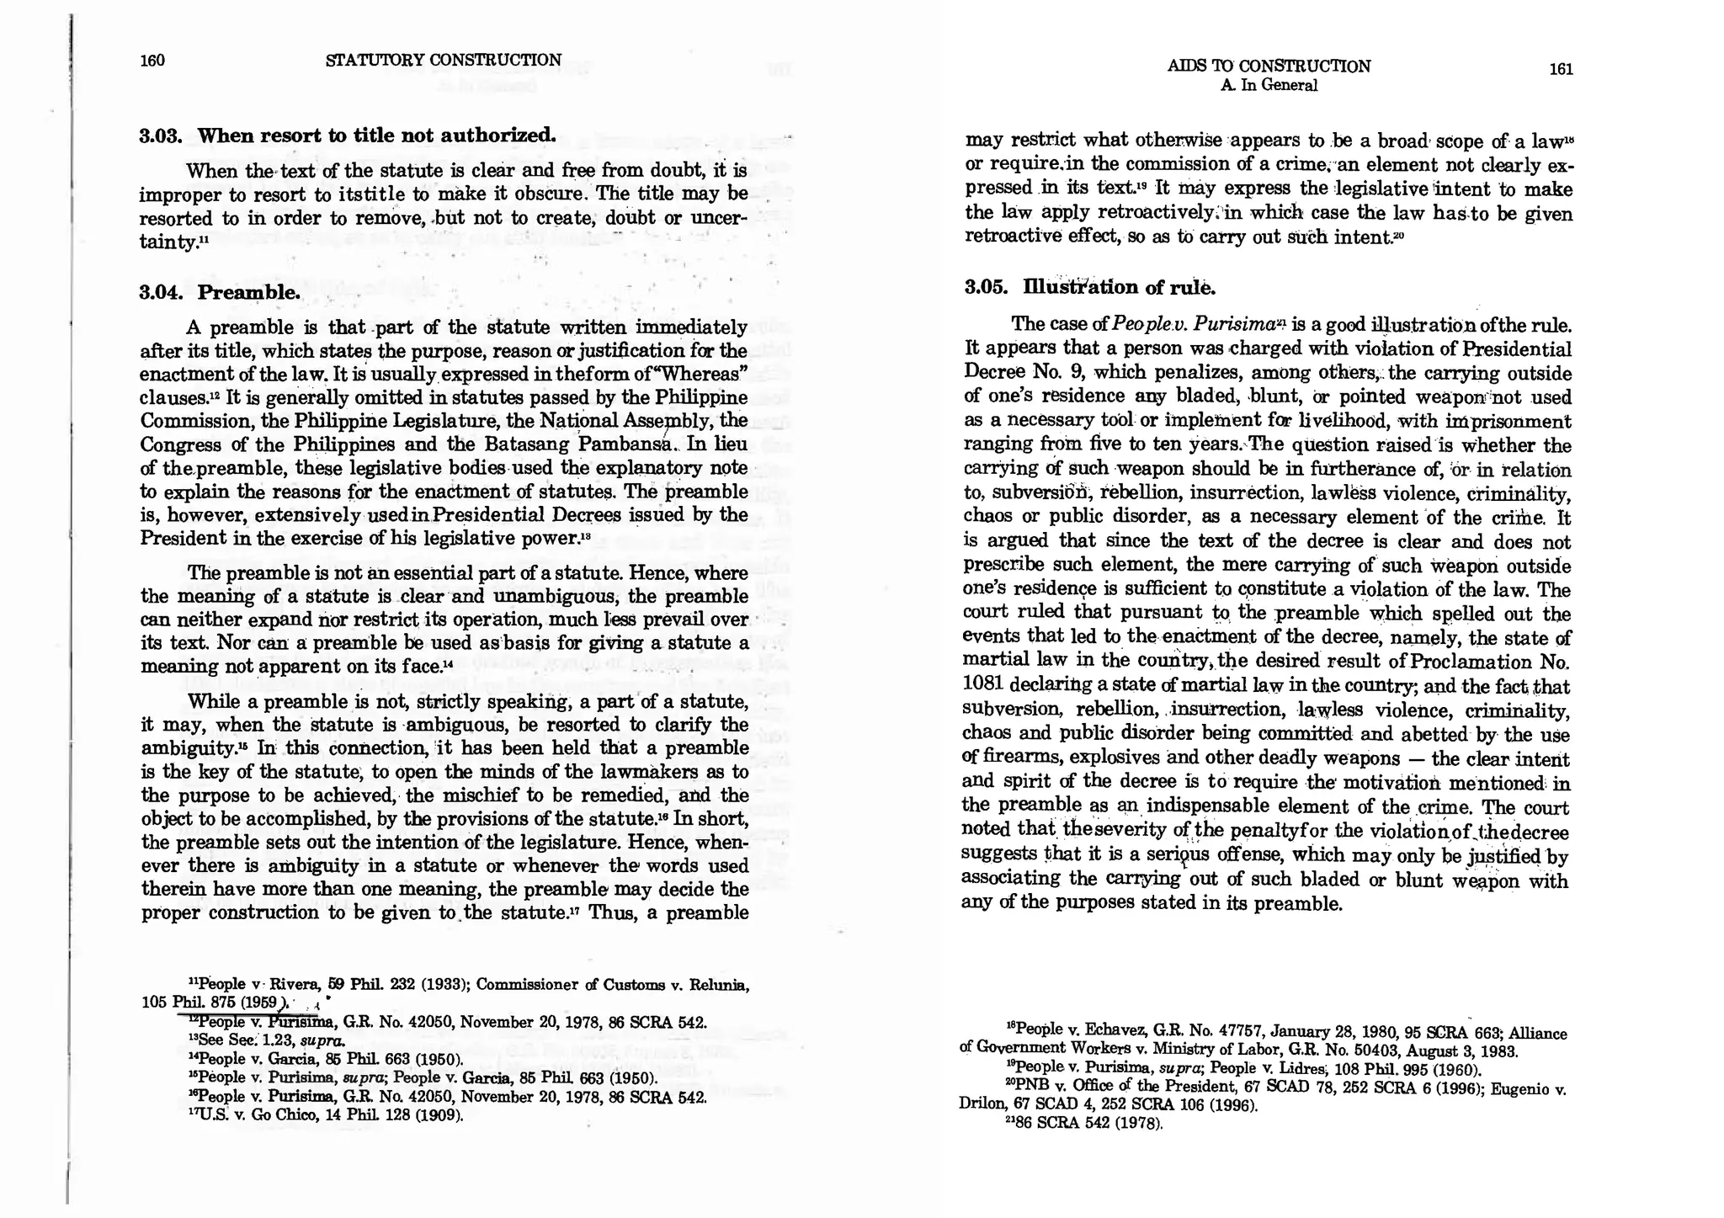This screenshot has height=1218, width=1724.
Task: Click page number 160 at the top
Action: [x=152, y=60]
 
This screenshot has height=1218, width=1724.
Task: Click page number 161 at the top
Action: [x=1561, y=69]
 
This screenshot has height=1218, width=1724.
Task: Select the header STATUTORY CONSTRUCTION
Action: [x=443, y=60]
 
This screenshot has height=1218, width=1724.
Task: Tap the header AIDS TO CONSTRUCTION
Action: [x=1269, y=66]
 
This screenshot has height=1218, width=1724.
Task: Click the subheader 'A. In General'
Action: [x=1269, y=85]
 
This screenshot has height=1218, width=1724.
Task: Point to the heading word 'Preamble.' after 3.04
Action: [x=249, y=293]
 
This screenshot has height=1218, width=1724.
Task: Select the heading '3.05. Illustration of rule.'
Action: [x=1090, y=288]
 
